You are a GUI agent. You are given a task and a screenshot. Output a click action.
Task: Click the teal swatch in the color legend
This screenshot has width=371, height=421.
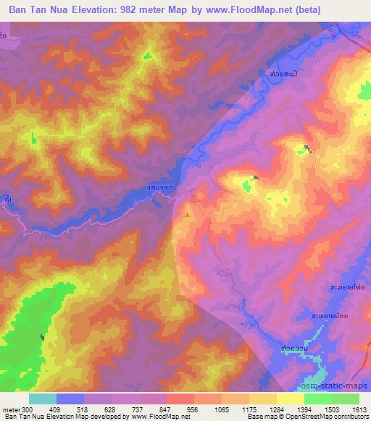coord(42,399)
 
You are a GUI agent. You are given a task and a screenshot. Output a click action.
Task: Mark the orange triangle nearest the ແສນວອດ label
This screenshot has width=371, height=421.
coord(188,214)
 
